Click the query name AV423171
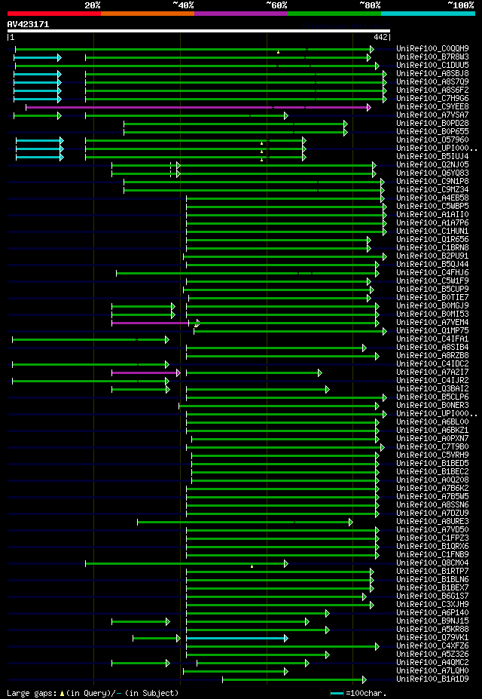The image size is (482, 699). coord(28,24)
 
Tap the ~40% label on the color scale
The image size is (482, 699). coord(183,5)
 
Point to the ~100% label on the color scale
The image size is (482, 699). coord(460,5)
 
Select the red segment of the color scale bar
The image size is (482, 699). coord(53,13)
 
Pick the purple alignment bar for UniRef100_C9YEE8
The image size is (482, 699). coord(196,107)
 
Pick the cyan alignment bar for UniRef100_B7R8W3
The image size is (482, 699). coord(36,57)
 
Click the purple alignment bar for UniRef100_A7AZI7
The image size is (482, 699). coord(145,372)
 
